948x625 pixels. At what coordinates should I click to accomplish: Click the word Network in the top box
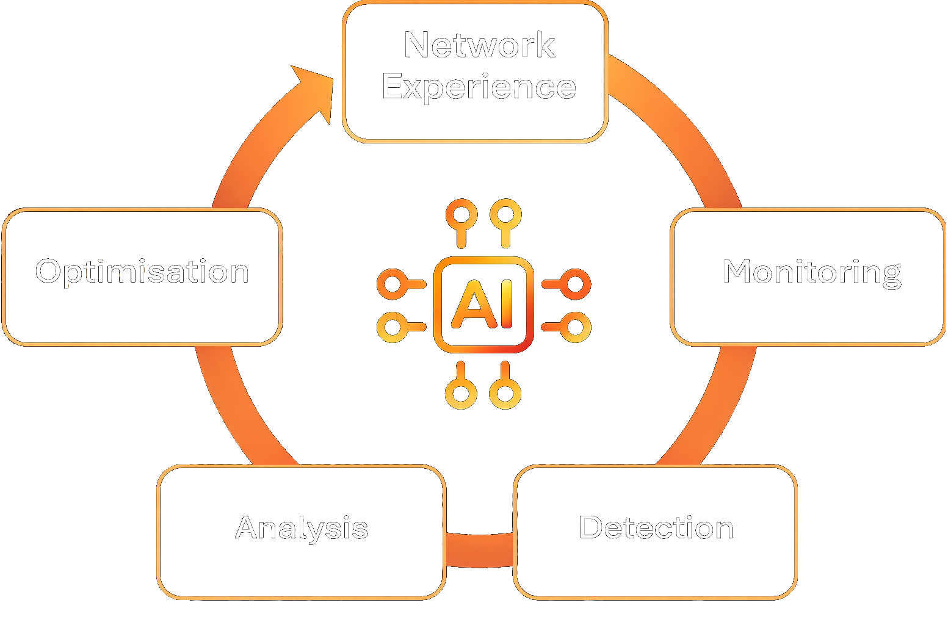pyautogui.click(x=480, y=45)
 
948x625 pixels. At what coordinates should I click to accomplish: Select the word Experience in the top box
pyautogui.click(x=479, y=88)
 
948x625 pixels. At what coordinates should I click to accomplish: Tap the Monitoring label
pyautogui.click(x=812, y=272)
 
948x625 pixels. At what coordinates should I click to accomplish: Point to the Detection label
pyautogui.click(x=656, y=528)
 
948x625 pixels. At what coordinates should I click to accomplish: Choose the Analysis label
pyautogui.click(x=302, y=529)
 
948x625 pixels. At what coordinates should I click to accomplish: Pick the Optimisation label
pyautogui.click(x=142, y=272)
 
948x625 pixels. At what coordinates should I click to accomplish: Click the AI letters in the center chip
pyautogui.click(x=483, y=304)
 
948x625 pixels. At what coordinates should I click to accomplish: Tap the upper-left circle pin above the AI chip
pyautogui.click(x=461, y=214)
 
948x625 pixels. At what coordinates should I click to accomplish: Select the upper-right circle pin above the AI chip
pyautogui.click(x=505, y=214)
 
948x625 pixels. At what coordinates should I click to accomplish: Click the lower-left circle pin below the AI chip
pyautogui.click(x=461, y=393)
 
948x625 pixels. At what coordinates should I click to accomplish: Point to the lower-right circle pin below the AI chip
pyautogui.click(x=505, y=393)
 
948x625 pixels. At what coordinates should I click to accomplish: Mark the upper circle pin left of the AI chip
pyautogui.click(x=393, y=284)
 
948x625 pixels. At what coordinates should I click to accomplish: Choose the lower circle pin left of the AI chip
pyautogui.click(x=393, y=327)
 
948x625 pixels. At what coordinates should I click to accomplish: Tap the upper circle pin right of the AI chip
pyautogui.click(x=575, y=284)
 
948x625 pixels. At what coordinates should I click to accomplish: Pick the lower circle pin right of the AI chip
pyautogui.click(x=575, y=327)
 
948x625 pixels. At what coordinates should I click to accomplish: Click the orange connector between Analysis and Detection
pyautogui.click(x=480, y=551)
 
